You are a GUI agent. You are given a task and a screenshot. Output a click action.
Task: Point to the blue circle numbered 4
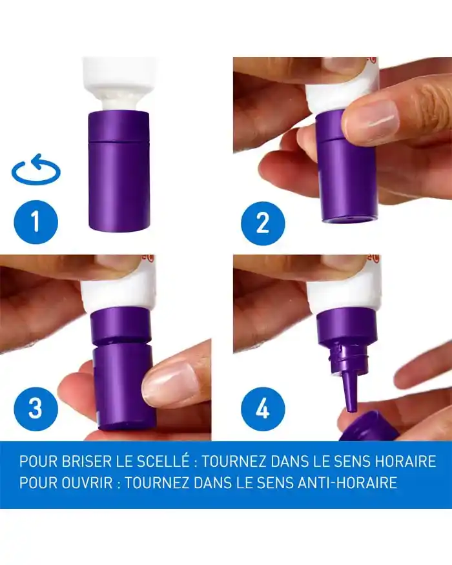click(x=263, y=408)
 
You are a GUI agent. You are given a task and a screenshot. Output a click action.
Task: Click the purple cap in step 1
click(x=119, y=171)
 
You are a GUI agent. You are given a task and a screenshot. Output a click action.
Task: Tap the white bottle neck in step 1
click(x=119, y=99)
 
